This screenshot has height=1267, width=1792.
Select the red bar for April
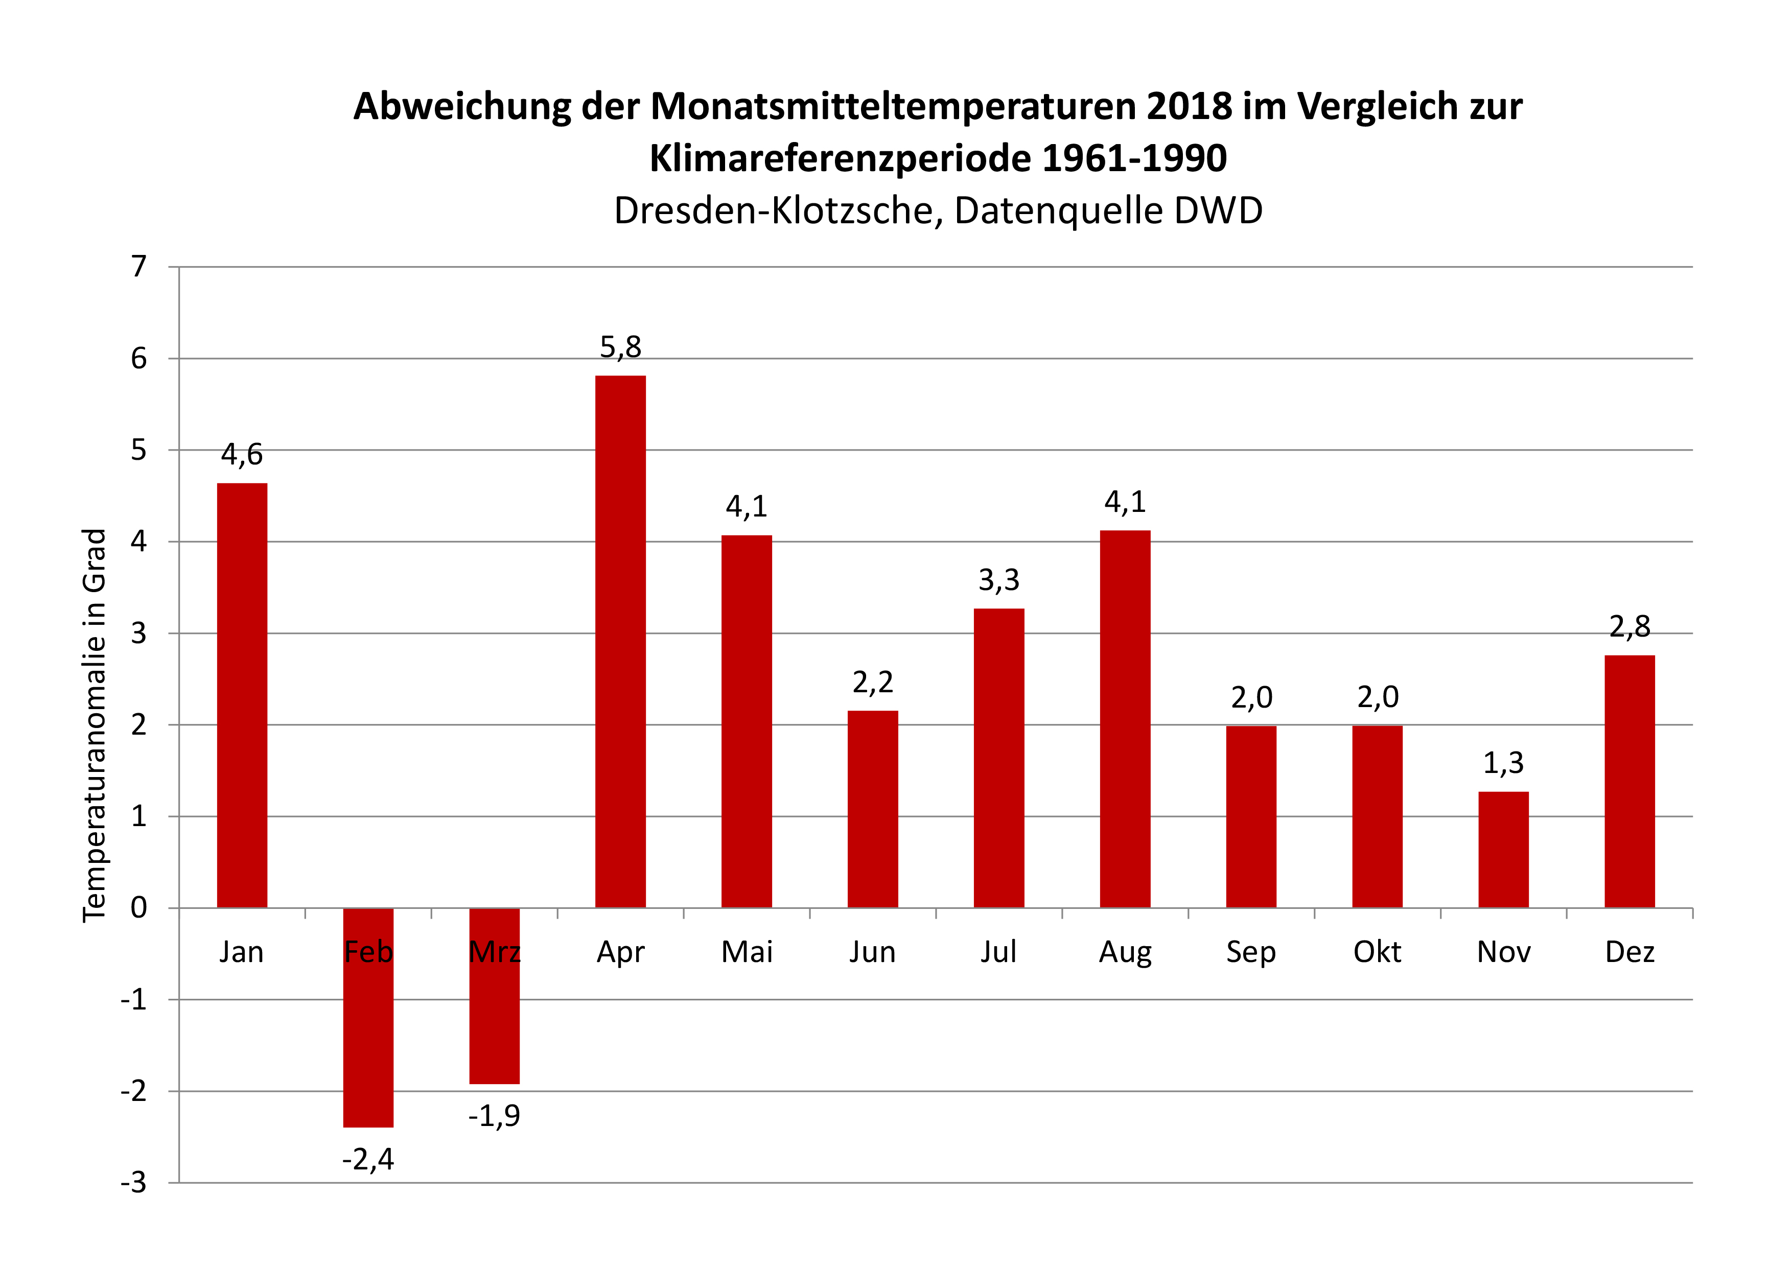(620, 641)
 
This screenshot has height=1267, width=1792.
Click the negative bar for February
(368, 1038)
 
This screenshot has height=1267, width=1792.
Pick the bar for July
(999, 758)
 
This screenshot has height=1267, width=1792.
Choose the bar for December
(1630, 781)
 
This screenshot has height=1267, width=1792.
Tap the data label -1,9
(494, 1116)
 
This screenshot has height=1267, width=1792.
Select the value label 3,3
(999, 580)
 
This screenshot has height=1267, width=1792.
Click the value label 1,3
(1503, 763)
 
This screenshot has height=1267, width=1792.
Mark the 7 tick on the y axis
(139, 267)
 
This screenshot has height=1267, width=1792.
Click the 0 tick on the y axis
(139, 908)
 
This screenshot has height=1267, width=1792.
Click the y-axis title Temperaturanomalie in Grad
(94, 725)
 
